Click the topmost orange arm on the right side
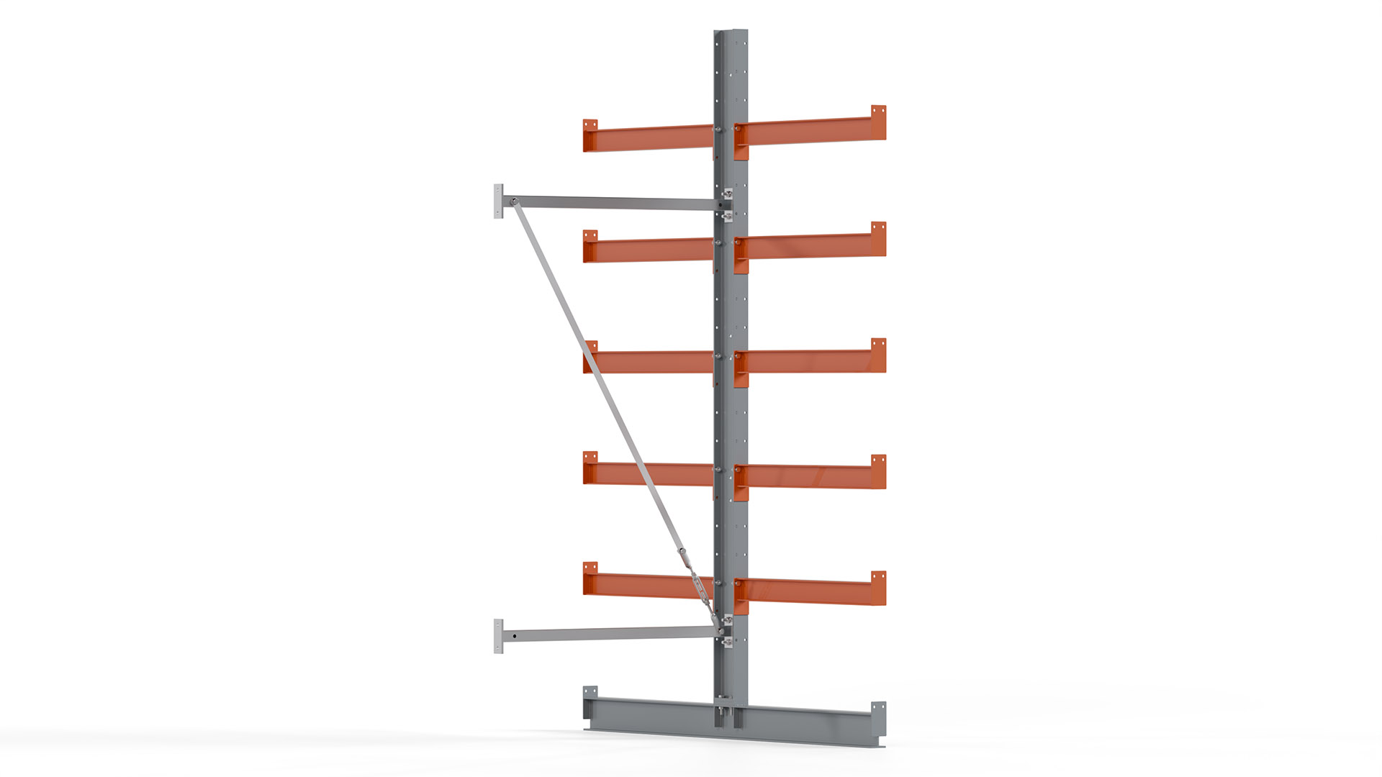[810, 134]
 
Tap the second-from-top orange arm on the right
[810, 246]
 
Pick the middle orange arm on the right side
[810, 361]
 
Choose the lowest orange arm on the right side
[810, 591]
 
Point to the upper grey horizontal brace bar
[612, 203]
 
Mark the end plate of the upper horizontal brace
[498, 201]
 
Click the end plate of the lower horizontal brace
[498, 636]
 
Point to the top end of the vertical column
[731, 35]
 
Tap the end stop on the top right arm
[878, 122]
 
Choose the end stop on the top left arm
[590, 135]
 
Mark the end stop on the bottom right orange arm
[878, 588]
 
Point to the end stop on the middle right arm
[878, 355]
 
